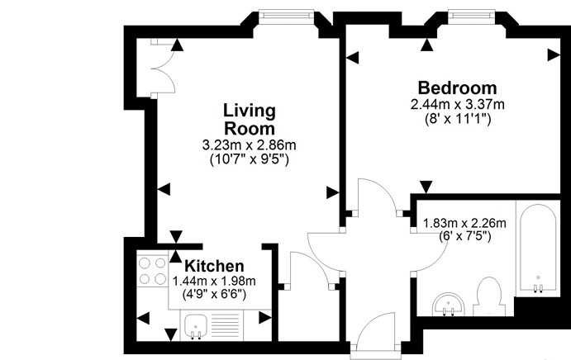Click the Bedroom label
pos(457,88)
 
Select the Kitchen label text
pos(214,266)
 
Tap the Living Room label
pos(249,120)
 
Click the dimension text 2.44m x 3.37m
pos(457,104)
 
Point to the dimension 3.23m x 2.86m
pos(249,145)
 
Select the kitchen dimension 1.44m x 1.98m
pos(214,281)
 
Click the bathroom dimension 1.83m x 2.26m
pos(464,223)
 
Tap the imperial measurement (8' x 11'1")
pos(457,119)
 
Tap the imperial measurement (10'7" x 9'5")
pos(249,159)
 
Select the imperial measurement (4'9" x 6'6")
pos(214,295)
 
